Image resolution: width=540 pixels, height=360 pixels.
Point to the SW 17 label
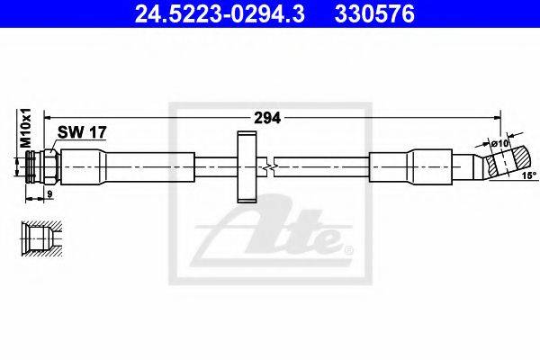tap(83, 132)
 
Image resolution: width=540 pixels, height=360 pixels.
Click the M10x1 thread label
tap(26, 130)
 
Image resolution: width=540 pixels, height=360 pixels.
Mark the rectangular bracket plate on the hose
tap(246, 167)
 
